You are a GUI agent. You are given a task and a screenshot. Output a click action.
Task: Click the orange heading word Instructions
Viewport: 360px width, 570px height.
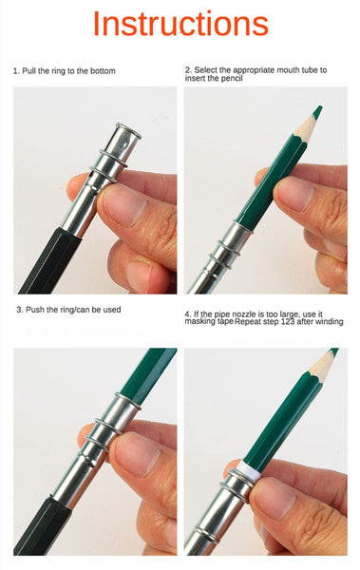[180, 24]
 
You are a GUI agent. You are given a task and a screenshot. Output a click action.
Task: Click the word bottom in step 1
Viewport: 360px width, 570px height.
[103, 71]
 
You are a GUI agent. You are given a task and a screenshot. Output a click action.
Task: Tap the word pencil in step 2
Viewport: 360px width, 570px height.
[231, 78]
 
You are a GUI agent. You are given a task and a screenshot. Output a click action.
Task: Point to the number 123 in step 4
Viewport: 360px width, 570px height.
[289, 322]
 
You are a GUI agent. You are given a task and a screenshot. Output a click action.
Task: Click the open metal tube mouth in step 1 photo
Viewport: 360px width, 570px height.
[128, 130]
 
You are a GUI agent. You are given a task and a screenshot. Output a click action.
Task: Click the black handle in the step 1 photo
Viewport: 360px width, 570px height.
[49, 261]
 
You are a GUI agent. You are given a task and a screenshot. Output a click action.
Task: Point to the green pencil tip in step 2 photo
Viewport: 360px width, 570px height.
[317, 111]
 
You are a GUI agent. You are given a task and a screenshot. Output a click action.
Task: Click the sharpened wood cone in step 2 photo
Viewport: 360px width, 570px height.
[306, 126]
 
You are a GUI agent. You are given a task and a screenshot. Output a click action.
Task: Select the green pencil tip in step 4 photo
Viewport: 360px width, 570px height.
[333, 351]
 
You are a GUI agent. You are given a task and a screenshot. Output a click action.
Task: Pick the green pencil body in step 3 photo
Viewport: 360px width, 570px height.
[148, 371]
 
